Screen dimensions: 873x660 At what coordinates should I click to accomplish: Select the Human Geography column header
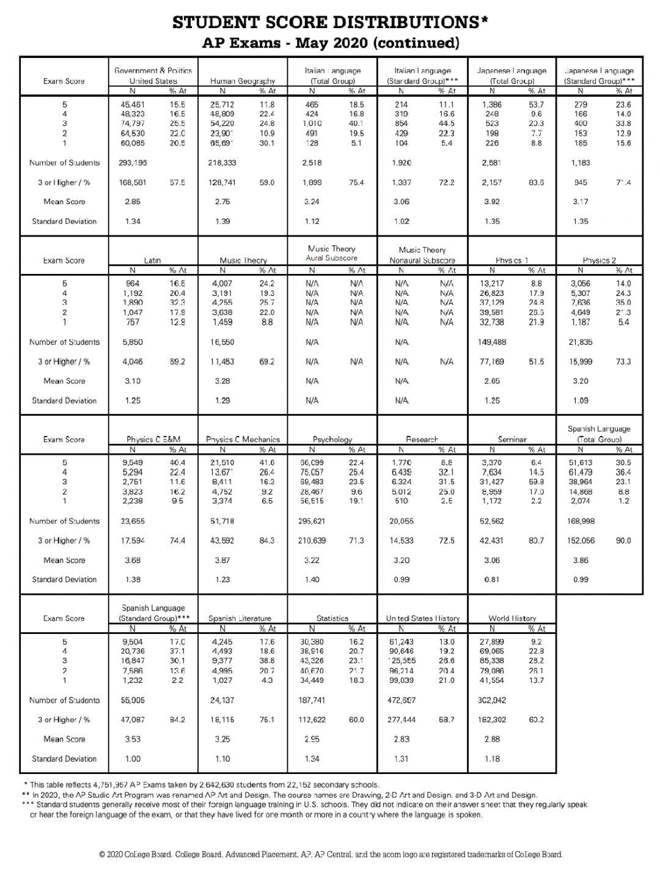(243, 81)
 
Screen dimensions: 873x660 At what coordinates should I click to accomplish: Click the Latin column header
(153, 260)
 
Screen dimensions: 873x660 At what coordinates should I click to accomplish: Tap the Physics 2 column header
(599, 260)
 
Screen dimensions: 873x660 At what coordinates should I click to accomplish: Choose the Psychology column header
(332, 440)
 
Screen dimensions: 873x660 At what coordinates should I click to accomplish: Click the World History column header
(512, 619)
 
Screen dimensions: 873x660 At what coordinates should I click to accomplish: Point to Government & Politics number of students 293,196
(134, 163)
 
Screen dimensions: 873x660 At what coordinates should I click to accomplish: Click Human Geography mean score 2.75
(222, 202)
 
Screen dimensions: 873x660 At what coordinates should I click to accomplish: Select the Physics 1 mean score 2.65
(491, 381)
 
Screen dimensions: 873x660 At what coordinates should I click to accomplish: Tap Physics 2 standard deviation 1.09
(581, 400)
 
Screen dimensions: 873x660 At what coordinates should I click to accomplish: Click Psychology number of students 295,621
(312, 521)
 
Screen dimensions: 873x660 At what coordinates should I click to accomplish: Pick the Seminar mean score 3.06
(491, 560)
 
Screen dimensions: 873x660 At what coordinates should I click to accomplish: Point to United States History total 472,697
(402, 701)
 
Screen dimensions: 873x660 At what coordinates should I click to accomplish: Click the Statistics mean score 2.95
(312, 739)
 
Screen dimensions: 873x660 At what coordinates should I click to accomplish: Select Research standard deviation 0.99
(402, 580)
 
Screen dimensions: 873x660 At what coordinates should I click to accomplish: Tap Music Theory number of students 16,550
(222, 342)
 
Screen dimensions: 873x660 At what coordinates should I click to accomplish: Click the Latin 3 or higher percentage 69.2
(177, 362)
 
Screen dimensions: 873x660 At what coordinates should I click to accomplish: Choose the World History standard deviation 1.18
(491, 759)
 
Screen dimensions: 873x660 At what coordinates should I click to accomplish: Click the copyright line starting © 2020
(330, 855)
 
